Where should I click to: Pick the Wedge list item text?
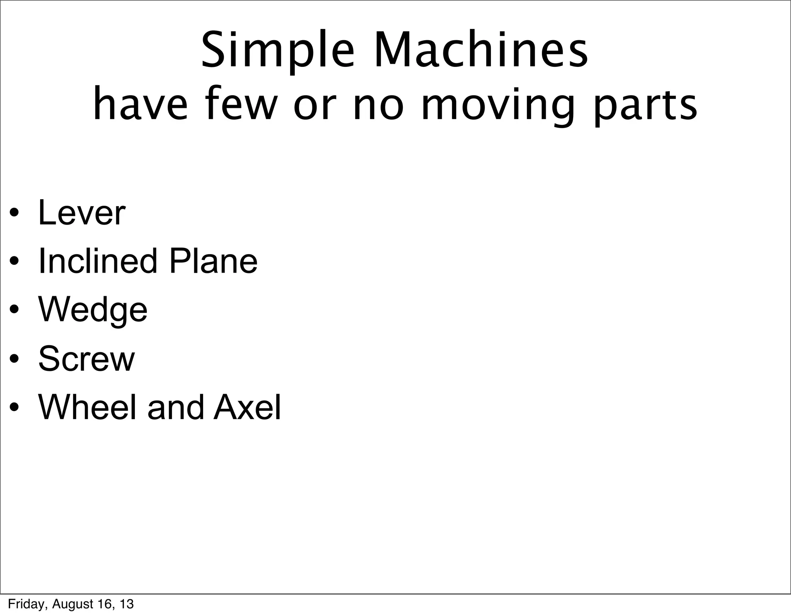[x=93, y=311]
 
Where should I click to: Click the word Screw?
[x=87, y=359]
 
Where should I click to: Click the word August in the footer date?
[x=71, y=604]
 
